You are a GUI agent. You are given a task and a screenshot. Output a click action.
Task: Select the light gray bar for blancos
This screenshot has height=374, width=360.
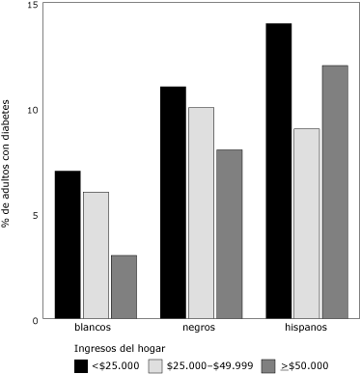pyautogui.click(x=96, y=255)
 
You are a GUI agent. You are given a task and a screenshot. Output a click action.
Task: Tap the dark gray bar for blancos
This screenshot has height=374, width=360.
pyautogui.click(x=124, y=287)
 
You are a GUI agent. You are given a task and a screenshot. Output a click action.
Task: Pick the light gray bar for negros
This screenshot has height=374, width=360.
pyautogui.click(x=201, y=213)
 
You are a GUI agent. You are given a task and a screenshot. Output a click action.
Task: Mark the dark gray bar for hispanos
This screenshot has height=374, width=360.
pyautogui.click(x=335, y=192)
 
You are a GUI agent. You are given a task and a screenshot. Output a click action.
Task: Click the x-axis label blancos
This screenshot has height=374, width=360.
pyautogui.click(x=96, y=329)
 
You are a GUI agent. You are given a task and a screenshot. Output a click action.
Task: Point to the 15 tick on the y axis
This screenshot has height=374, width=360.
pyautogui.click(x=33, y=6)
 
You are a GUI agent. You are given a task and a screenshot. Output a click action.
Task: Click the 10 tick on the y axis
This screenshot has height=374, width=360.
pyautogui.click(x=33, y=110)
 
